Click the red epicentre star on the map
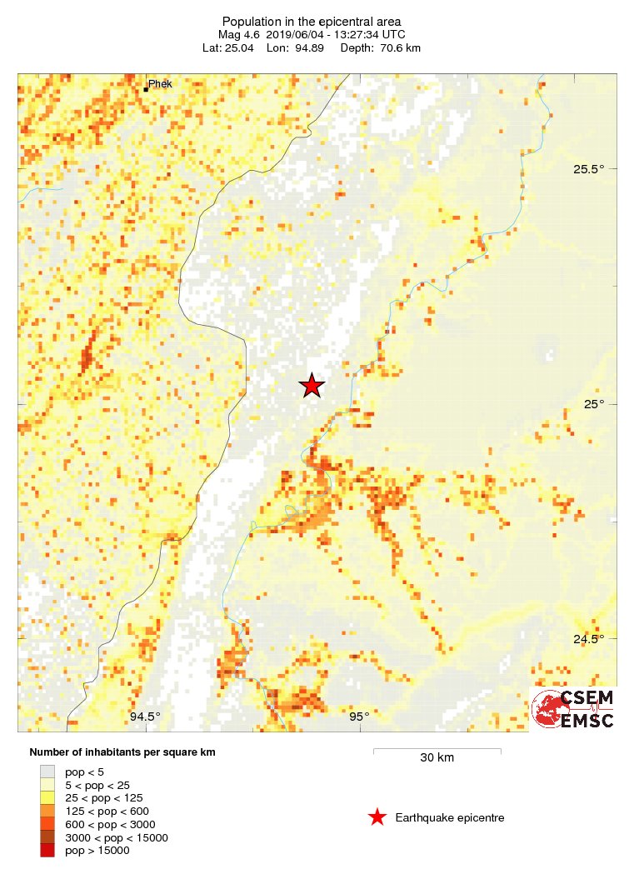point(312,386)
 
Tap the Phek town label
point(160,84)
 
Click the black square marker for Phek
point(146,89)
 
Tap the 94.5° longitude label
point(145,717)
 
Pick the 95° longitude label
point(359,717)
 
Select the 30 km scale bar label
point(437,758)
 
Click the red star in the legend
point(377,817)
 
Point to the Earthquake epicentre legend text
point(450,818)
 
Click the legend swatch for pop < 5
point(47,772)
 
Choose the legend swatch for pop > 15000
point(47,850)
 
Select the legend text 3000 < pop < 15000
point(117,837)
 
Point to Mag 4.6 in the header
point(240,35)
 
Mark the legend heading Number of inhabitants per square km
point(122,752)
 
